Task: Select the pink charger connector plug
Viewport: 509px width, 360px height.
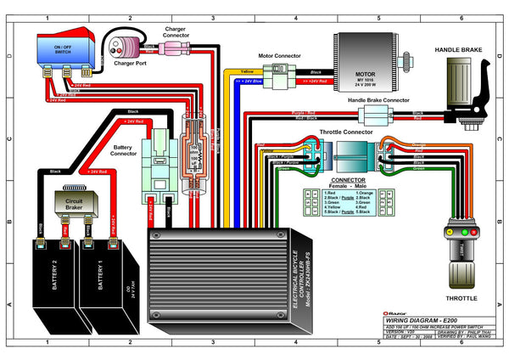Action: [x=167, y=47]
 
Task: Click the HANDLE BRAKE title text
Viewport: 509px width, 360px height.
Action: [x=458, y=50]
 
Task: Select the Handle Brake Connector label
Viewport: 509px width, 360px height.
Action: [x=379, y=101]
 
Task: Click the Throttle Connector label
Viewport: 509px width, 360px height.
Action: [x=347, y=132]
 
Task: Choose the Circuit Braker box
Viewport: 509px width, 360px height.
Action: [x=74, y=203]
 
